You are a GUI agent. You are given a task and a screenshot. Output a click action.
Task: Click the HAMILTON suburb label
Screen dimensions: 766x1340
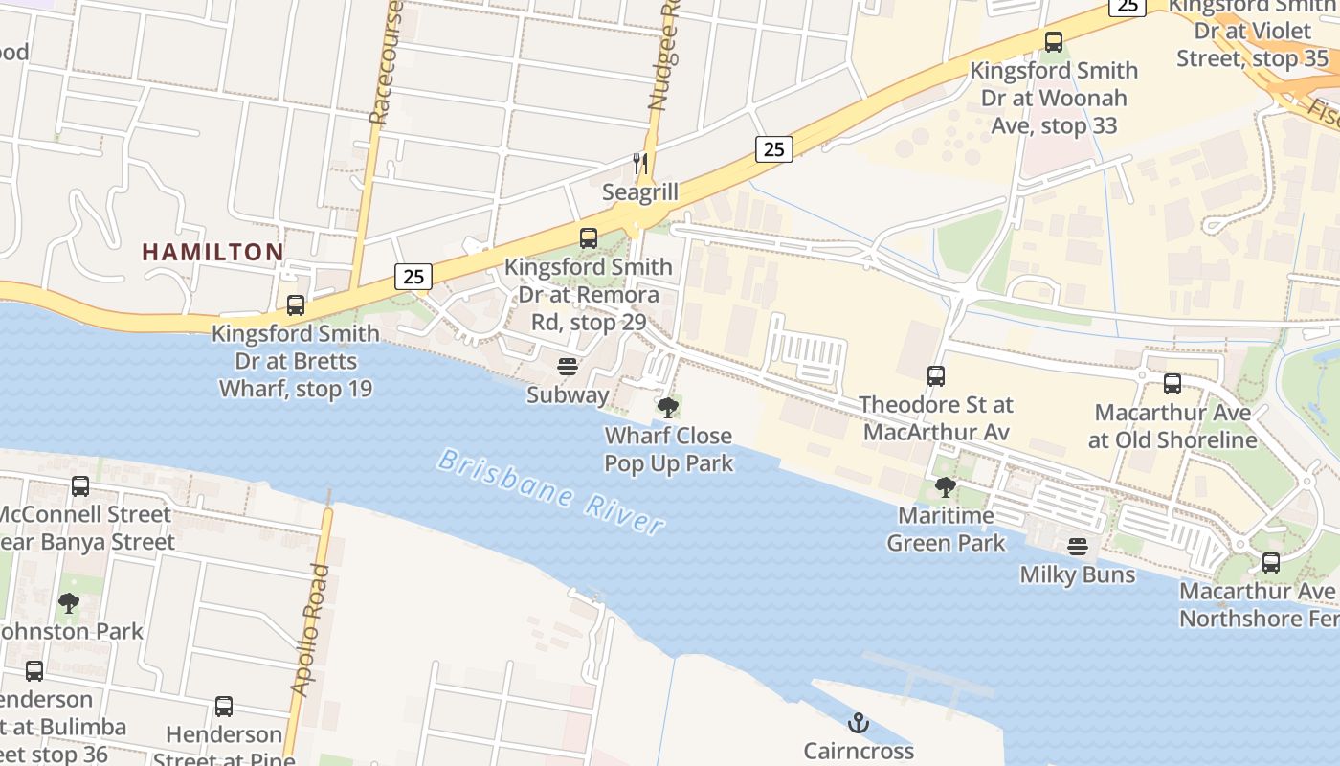[x=212, y=252]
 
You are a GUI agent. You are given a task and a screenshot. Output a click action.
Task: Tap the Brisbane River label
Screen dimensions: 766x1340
[x=550, y=492]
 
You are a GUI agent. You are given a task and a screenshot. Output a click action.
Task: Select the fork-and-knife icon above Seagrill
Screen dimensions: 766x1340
[x=640, y=164]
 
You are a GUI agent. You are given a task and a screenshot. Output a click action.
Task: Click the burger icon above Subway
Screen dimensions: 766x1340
[x=568, y=367]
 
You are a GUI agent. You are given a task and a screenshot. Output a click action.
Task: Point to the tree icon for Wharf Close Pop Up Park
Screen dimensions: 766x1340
[x=668, y=408]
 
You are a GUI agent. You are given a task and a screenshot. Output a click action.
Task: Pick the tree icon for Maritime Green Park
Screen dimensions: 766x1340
[x=946, y=487]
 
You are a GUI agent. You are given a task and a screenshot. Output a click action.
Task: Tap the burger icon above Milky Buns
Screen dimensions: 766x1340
[x=1078, y=547]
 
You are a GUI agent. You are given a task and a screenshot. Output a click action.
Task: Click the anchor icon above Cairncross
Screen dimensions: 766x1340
[x=859, y=723]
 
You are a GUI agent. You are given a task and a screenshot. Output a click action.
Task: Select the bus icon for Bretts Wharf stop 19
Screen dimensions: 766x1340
[x=296, y=305]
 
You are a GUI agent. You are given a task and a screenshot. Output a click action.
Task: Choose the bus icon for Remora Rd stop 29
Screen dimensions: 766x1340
[x=589, y=238]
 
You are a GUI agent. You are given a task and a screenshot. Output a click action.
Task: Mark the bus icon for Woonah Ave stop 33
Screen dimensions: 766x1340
[x=1054, y=42]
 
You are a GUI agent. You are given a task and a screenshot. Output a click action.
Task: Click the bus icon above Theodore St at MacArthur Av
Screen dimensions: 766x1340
[x=936, y=376]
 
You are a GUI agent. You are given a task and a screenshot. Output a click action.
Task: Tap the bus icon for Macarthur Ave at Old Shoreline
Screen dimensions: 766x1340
[x=1172, y=384]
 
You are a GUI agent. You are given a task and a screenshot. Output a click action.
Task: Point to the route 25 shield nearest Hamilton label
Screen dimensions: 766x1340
[x=413, y=277]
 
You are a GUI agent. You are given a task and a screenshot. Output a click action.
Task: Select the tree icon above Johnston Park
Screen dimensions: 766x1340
[x=68, y=603]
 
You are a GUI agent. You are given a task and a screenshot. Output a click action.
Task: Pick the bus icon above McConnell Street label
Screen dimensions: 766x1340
[x=80, y=486]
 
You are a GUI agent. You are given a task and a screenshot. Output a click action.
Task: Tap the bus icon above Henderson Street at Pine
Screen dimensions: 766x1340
[x=224, y=707]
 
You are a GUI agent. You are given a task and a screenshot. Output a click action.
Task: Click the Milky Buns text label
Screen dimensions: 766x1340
[x=1078, y=574]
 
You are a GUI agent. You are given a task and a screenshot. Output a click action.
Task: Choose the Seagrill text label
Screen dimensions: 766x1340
[x=640, y=192]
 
